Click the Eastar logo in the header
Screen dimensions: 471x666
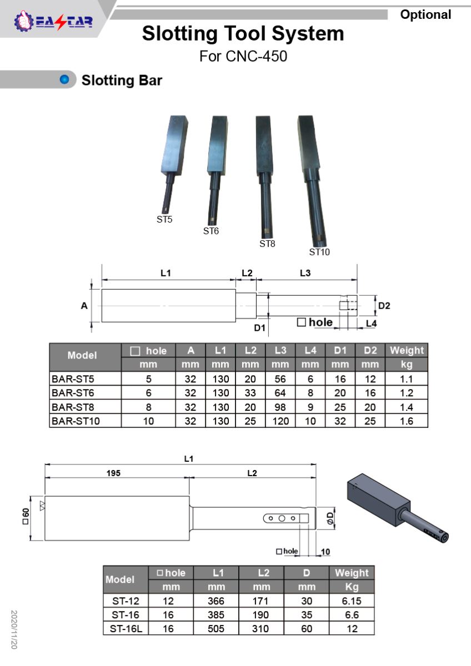coord(53,21)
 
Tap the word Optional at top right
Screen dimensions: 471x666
coord(425,15)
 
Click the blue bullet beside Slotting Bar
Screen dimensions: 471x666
coord(64,80)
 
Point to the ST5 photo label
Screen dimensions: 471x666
coord(164,219)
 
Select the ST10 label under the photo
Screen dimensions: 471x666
coord(319,252)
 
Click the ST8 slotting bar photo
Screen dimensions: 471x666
coord(265,176)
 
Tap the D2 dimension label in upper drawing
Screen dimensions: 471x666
coord(384,306)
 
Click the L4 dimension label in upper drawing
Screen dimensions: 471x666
coord(371,324)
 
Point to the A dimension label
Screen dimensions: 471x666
coord(84,306)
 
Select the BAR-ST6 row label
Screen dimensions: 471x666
coord(73,393)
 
